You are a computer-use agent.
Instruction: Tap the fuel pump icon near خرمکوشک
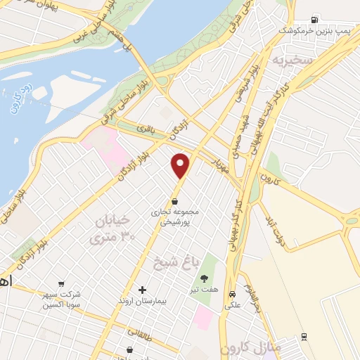click(x=314, y=20)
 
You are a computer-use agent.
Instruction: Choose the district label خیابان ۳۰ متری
click(x=112, y=230)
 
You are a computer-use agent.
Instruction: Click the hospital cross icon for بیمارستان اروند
click(x=142, y=290)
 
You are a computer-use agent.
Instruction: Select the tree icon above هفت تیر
click(x=205, y=279)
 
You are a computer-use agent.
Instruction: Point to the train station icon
click(x=304, y=337)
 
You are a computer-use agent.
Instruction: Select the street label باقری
click(x=145, y=129)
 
